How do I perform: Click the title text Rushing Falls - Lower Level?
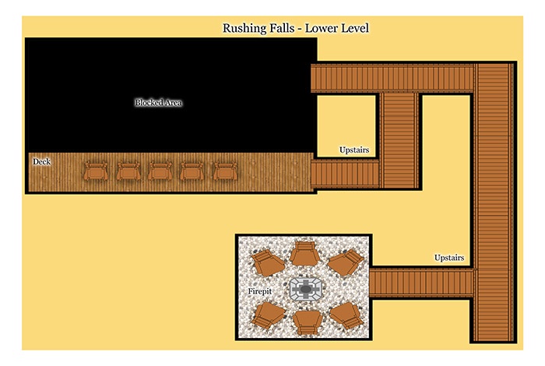pyautogui.click(x=295, y=28)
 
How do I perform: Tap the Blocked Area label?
pyautogui.click(x=159, y=103)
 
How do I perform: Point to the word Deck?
pyautogui.click(x=42, y=162)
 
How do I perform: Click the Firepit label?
pyautogui.click(x=259, y=291)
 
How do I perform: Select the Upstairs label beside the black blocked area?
pyautogui.click(x=354, y=150)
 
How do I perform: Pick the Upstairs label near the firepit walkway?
pyautogui.click(x=449, y=258)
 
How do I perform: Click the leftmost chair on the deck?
pyautogui.click(x=96, y=171)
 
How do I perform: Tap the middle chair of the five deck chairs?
pyautogui.click(x=160, y=171)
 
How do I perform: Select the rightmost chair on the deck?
pyautogui.click(x=225, y=171)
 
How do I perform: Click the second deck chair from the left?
pyautogui.click(x=128, y=171)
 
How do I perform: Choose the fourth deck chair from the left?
pyautogui.click(x=192, y=171)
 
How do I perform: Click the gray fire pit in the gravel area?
pyautogui.click(x=305, y=289)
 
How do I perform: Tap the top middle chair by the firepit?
pyautogui.click(x=305, y=253)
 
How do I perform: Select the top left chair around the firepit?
pyautogui.click(x=267, y=262)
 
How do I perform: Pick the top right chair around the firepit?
pyautogui.click(x=346, y=262)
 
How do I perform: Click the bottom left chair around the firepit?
pyautogui.click(x=268, y=315)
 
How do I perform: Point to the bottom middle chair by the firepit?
pyautogui.click(x=307, y=322)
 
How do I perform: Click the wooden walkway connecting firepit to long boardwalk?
pyautogui.click(x=423, y=283)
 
